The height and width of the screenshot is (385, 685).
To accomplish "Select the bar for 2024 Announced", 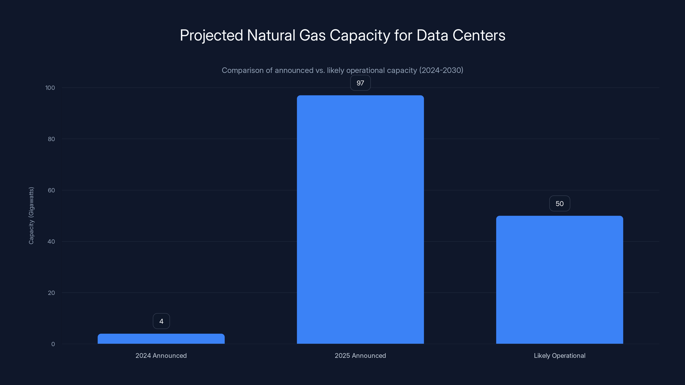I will click(161, 339).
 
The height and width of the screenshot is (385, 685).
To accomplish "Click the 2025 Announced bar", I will click(360, 219).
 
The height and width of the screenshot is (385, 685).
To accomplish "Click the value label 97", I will click(360, 83).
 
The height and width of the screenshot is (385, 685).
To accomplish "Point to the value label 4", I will click(161, 321).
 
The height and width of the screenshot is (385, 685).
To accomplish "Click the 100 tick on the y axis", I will click(50, 88).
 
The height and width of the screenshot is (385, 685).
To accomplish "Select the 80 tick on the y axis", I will click(51, 139).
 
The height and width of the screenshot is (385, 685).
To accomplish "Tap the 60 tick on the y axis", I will click(51, 190).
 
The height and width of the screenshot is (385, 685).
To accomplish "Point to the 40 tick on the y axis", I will click(51, 241).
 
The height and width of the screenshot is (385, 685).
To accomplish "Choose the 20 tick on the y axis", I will click(51, 293).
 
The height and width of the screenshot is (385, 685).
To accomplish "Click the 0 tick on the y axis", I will click(53, 344).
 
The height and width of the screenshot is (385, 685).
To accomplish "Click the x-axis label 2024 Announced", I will click(161, 355).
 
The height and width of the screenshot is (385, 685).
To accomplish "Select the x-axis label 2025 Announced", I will click(360, 355).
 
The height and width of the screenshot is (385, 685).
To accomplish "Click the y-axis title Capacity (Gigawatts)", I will click(31, 215).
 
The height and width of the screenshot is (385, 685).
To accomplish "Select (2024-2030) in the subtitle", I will click(441, 70).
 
